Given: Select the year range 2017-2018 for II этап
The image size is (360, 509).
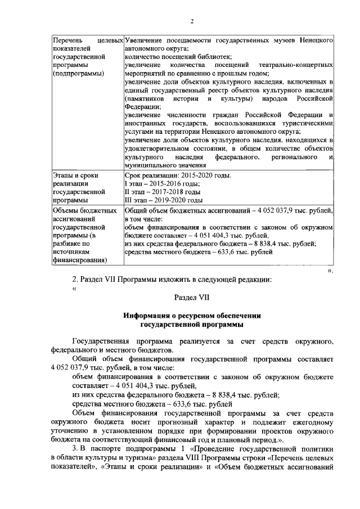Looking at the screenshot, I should point(166,192).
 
